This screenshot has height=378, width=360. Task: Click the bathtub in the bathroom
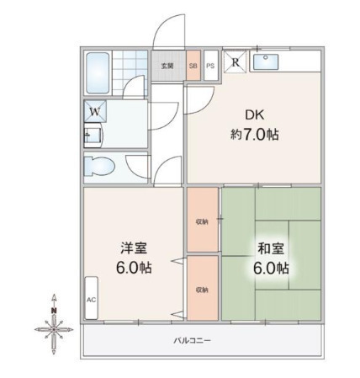point(98,73)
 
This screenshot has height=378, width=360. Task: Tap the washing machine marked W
point(95,111)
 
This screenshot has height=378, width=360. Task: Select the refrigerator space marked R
point(235,61)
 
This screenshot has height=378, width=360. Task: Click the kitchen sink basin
point(266,62)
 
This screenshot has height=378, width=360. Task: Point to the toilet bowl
point(99,167)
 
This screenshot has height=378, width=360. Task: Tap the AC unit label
point(91,300)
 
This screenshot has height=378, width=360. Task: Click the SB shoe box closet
point(193,66)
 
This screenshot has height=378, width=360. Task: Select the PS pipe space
point(210,66)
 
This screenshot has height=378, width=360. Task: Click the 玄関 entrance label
point(167,66)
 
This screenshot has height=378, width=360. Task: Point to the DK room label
point(255,114)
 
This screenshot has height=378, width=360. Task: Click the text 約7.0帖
point(255,135)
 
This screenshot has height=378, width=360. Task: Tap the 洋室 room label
point(134,248)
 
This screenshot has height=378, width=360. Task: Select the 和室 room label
point(271,248)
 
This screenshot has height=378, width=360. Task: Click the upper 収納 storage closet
point(203,220)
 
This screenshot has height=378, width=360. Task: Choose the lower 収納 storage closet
point(203,288)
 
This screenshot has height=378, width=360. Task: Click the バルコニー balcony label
point(192,341)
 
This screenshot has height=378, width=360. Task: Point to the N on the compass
point(54,311)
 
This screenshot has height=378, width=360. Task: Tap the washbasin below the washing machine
point(93,136)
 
